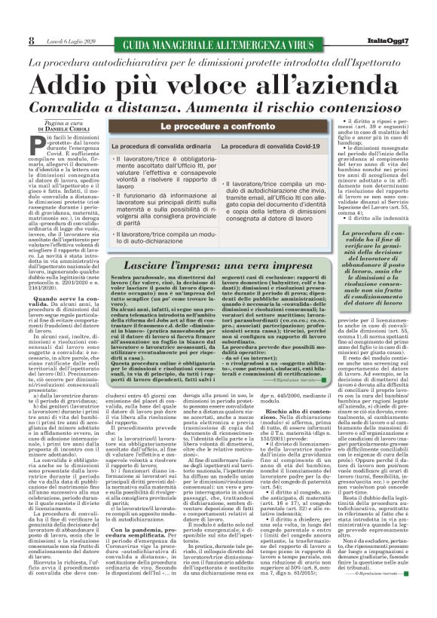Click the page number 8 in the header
31,40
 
